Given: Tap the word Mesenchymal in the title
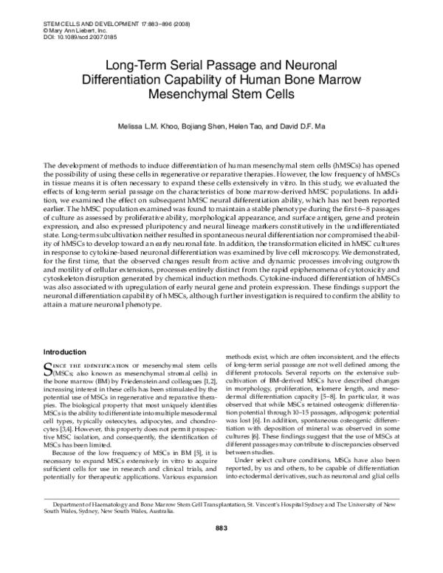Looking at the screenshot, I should tap(193, 95).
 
